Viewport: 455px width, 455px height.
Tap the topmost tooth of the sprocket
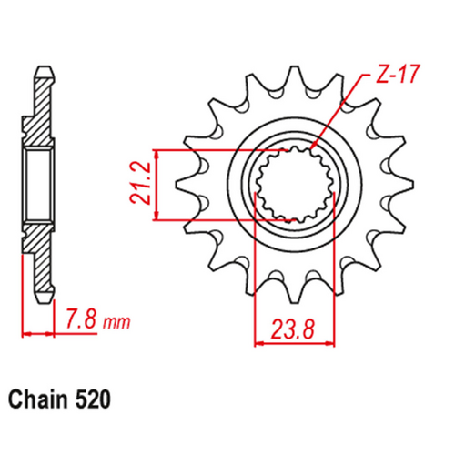pos(293,75)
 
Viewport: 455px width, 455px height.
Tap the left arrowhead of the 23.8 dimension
pos(258,343)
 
